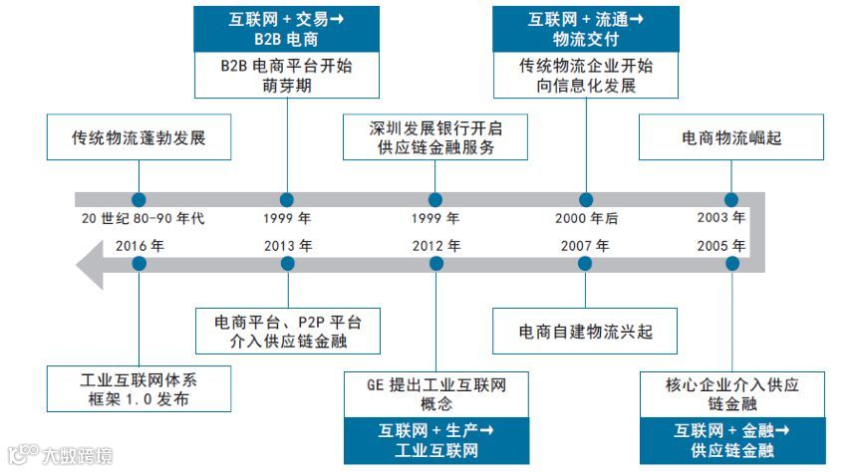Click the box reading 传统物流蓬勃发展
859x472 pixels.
click(139, 137)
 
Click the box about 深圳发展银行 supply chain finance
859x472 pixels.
click(434, 137)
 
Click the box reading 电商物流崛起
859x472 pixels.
click(731, 137)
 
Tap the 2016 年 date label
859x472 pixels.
click(140, 245)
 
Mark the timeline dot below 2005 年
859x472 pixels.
click(732, 264)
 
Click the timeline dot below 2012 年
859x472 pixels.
click(435, 264)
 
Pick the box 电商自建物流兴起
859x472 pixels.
click(585, 330)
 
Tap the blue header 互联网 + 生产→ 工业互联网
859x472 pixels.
click(435, 440)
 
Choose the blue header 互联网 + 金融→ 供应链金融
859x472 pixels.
click(732, 440)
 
